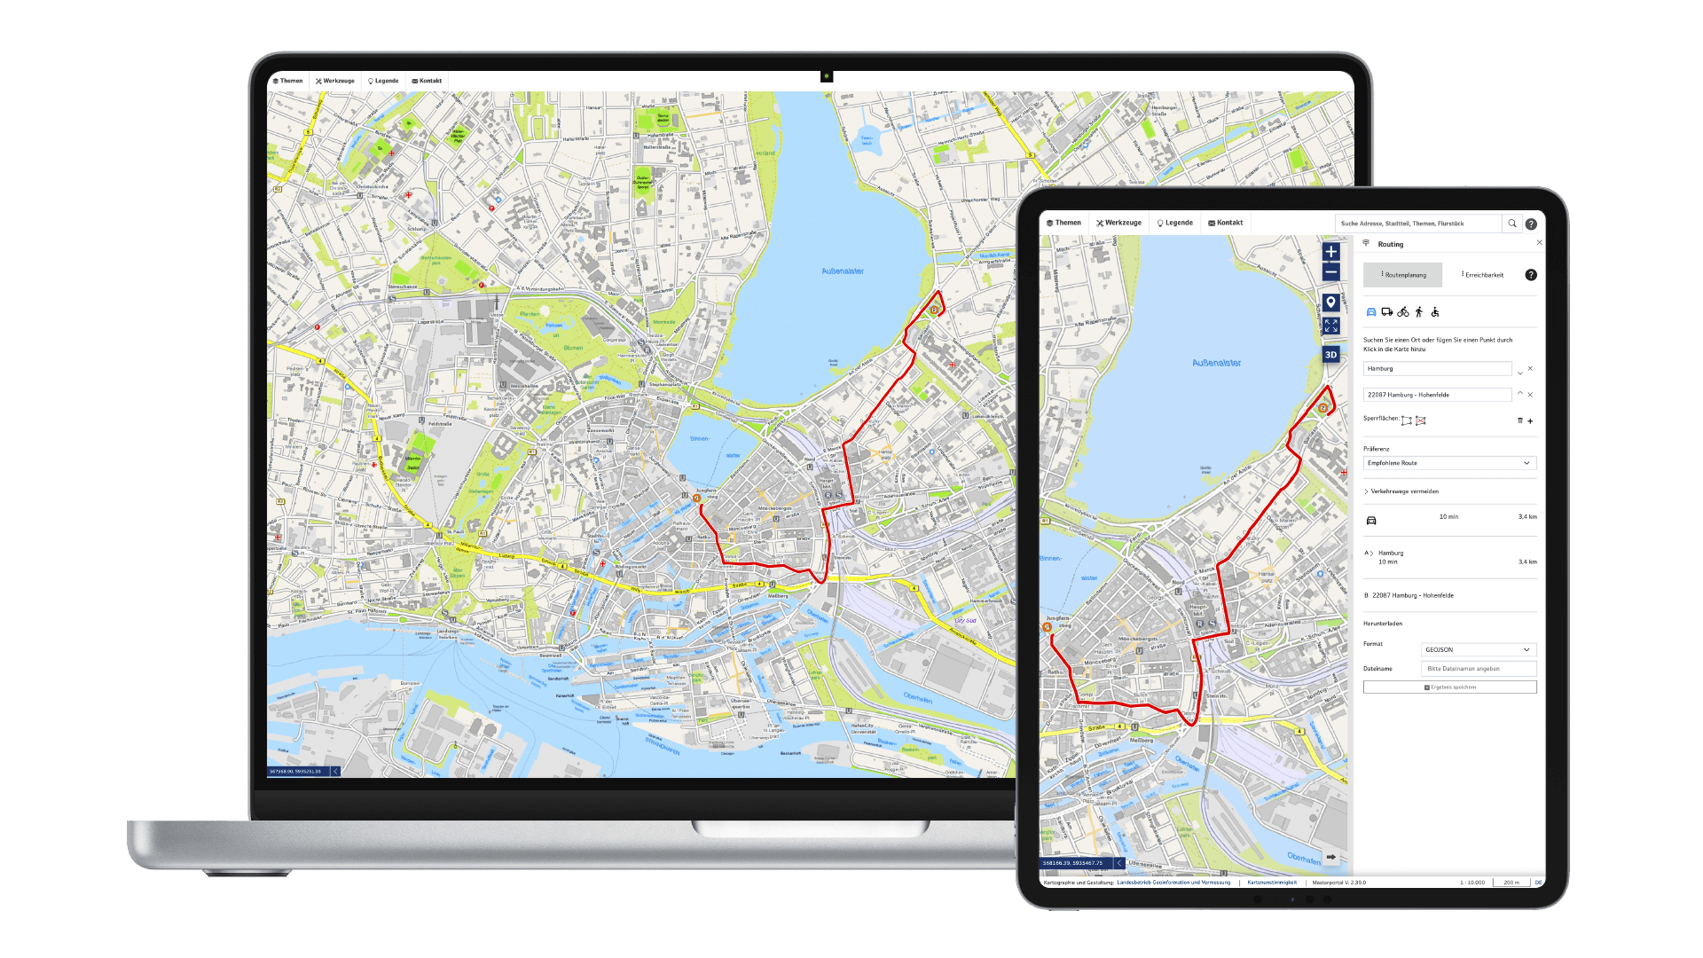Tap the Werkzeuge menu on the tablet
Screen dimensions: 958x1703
point(1118,223)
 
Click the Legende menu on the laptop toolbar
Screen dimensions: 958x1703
point(383,81)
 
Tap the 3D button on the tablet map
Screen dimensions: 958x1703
point(1330,355)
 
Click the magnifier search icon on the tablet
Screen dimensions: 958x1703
point(1512,224)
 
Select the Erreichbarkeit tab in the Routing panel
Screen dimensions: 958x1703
point(1484,275)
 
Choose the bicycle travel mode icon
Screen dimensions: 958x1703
point(1402,312)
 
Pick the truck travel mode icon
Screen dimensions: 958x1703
point(1386,312)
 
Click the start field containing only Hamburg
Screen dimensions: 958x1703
point(1437,369)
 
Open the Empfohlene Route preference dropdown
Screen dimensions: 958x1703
point(1449,463)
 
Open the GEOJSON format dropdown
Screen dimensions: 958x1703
point(1478,650)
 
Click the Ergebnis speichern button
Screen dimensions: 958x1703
point(1449,687)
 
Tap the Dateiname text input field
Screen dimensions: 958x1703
point(1478,669)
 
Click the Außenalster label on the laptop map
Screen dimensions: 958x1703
point(843,271)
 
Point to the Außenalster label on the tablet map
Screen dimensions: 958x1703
point(1216,363)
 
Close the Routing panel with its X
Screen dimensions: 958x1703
point(1539,243)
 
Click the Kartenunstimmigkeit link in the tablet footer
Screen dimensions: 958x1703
point(1272,883)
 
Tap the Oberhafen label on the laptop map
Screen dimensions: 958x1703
point(917,698)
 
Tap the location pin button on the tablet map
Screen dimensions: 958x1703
point(1330,302)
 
